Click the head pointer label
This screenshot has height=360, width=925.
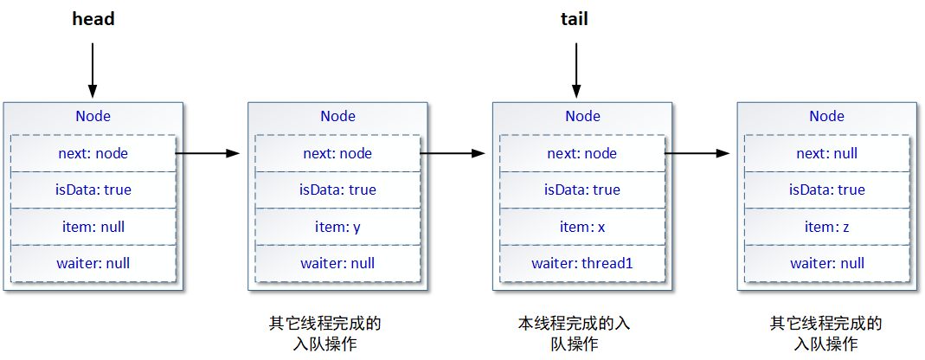tap(93, 19)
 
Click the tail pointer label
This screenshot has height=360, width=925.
tap(574, 19)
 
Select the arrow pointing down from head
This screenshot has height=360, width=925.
tap(93, 69)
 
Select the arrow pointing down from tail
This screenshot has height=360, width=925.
tap(574, 69)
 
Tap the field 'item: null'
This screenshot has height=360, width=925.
tap(93, 227)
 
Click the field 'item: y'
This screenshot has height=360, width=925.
tap(337, 227)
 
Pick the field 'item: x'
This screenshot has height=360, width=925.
tap(582, 227)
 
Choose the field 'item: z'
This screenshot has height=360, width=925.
tap(826, 227)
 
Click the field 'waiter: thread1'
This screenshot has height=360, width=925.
tap(582, 263)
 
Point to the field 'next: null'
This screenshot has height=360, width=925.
tap(826, 153)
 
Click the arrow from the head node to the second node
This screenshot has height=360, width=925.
tap(207, 153)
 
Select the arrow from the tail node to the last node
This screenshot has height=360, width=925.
tap(697, 153)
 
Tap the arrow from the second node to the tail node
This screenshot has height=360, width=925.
tap(452, 153)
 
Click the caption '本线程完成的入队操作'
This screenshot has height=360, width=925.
tap(574, 333)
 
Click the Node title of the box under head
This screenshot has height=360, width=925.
tap(93, 116)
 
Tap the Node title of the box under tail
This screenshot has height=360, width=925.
tap(582, 116)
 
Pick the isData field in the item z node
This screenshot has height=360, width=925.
tap(826, 190)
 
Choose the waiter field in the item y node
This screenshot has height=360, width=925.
tap(337, 263)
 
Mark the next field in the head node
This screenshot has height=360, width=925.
tap(93, 153)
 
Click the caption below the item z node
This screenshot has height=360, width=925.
tap(826, 333)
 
